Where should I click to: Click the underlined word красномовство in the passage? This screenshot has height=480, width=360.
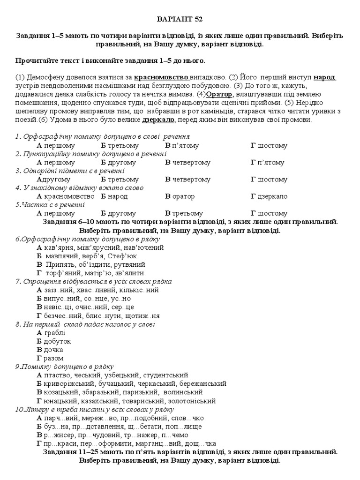161,77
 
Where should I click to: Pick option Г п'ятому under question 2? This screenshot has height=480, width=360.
268,162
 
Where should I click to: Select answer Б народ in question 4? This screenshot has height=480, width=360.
114,196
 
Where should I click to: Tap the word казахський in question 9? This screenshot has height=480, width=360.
101,401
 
